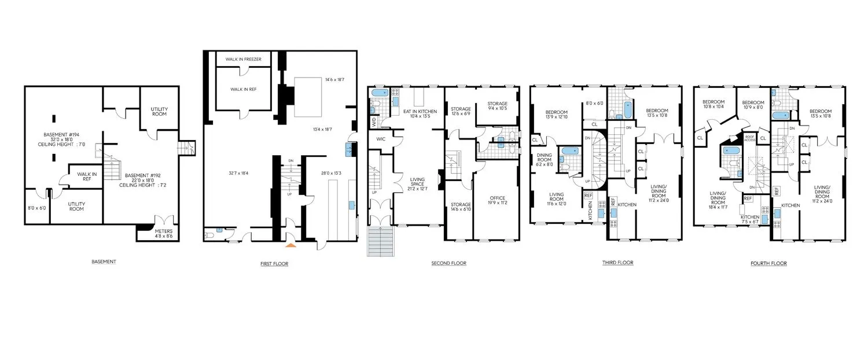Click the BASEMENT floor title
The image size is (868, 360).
[104, 262]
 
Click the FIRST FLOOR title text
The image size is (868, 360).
[274, 264]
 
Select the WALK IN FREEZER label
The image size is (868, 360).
[243, 59]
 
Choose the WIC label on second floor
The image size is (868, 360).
[380, 139]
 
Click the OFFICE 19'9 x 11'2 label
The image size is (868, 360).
[497, 201]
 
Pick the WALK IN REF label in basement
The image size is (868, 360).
[87, 176]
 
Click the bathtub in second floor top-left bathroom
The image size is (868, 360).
[380, 93]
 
